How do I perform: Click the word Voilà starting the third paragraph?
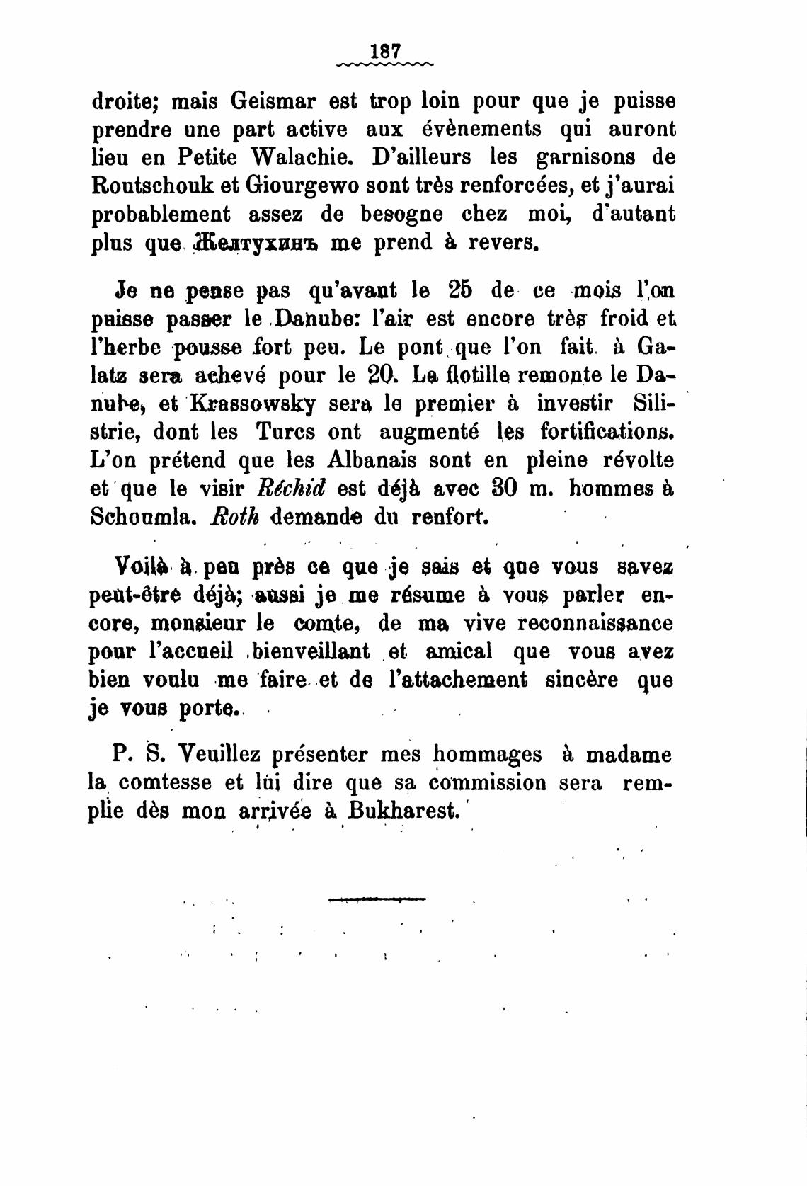pyautogui.click(x=142, y=566)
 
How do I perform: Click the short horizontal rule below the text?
pyautogui.click(x=377, y=900)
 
